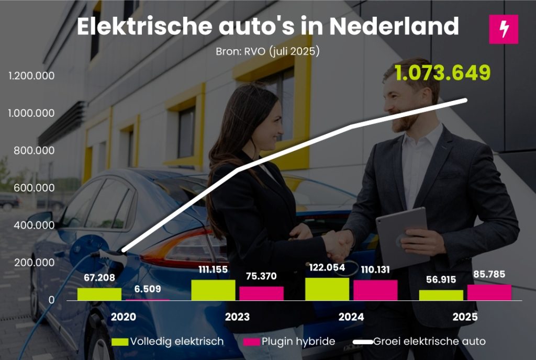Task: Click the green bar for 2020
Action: (x=99, y=294)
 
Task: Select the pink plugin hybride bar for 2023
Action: (x=261, y=293)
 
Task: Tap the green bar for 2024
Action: (x=327, y=289)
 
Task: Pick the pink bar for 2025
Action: (x=489, y=292)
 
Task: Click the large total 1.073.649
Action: (x=442, y=73)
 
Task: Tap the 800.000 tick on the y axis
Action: (x=31, y=151)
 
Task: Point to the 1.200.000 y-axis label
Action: (x=31, y=76)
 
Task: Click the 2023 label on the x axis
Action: (x=237, y=317)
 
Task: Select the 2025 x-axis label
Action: (x=465, y=317)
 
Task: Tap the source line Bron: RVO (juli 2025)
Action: (x=267, y=52)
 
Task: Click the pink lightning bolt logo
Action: (x=503, y=29)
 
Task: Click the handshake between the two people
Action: (x=338, y=243)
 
